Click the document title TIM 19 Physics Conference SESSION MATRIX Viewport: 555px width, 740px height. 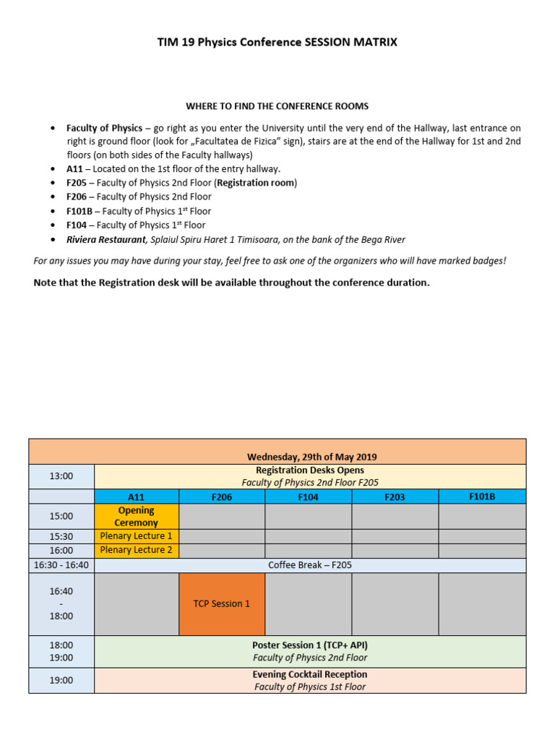click(x=277, y=42)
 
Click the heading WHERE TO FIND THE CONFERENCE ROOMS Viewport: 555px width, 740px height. click(x=277, y=106)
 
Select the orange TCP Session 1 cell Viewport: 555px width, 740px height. click(x=222, y=603)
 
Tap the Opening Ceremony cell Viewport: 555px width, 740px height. click(x=137, y=516)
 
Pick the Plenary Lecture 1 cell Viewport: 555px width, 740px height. click(x=137, y=536)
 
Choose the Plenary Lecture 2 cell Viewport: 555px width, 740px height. click(x=137, y=550)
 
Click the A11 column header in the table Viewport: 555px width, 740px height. click(x=137, y=497)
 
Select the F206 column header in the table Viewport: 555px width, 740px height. click(x=222, y=497)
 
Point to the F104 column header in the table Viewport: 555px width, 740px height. click(x=309, y=497)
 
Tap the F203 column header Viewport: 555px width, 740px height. click(x=395, y=497)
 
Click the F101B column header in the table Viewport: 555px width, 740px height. click(x=482, y=496)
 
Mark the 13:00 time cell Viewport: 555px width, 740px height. click(x=61, y=476)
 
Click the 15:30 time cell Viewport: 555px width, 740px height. click(x=61, y=536)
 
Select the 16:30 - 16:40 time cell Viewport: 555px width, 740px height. click(x=61, y=565)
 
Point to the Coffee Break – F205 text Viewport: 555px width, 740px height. click(x=310, y=565)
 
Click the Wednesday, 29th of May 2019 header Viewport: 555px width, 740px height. click(x=311, y=457)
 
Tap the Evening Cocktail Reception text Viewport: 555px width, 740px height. click(x=310, y=674)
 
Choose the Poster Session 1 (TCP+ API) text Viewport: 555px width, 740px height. click(x=310, y=645)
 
